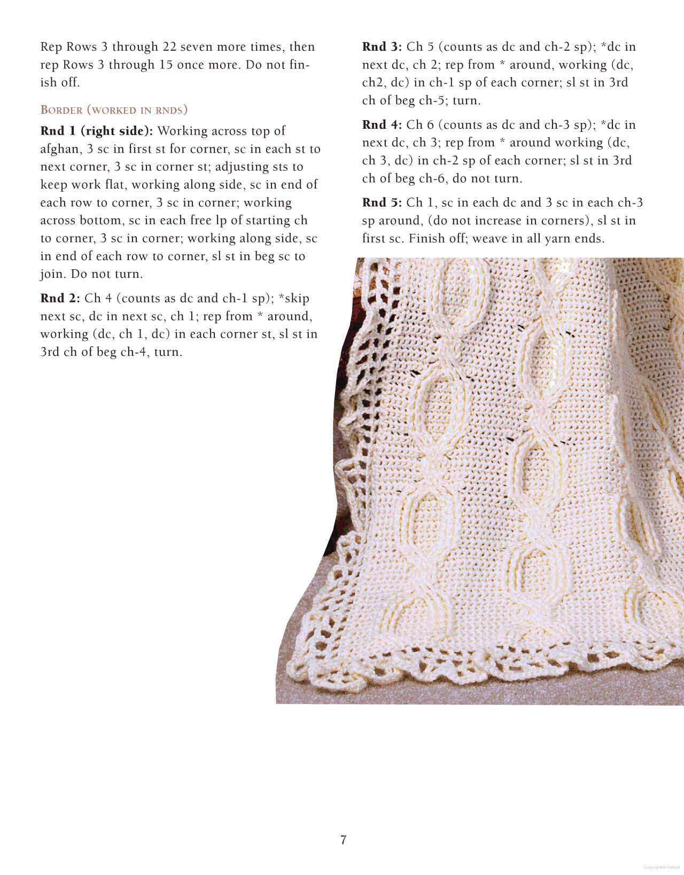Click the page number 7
(343, 840)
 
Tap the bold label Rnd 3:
(382, 47)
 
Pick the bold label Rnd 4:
(382, 125)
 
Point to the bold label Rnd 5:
(382, 202)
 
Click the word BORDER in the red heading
(61, 110)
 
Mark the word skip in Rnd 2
(297, 298)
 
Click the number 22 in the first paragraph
(169, 47)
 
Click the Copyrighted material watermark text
(662, 868)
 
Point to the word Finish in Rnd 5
(428, 238)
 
